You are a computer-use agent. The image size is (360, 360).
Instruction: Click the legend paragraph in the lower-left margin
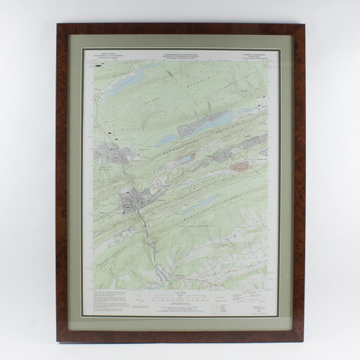[107, 301]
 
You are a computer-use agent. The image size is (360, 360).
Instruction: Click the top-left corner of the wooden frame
[58, 25]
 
